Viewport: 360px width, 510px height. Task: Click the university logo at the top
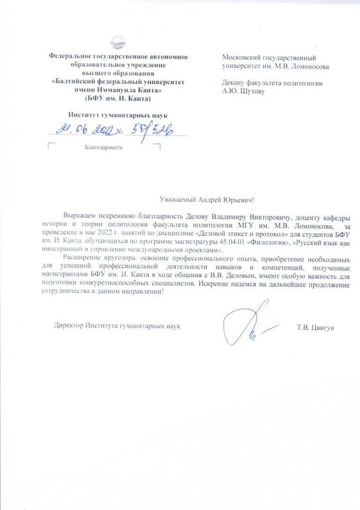pyautogui.click(x=118, y=42)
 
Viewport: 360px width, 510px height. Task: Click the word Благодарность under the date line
pyautogui.click(x=104, y=148)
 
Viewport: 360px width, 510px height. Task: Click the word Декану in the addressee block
pyautogui.click(x=234, y=83)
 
